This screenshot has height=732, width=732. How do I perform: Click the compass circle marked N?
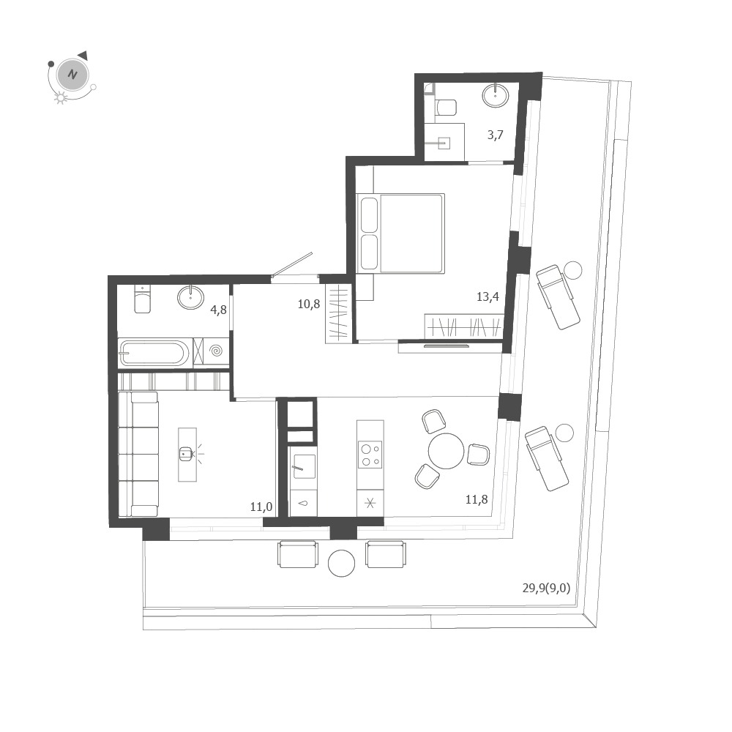click(x=72, y=75)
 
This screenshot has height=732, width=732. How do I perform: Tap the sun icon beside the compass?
click(x=61, y=98)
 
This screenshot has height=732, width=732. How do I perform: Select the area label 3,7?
click(x=496, y=135)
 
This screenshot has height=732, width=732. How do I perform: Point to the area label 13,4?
click(x=488, y=296)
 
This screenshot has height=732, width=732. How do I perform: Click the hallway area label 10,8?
click(x=308, y=304)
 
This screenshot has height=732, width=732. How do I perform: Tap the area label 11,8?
click(x=477, y=500)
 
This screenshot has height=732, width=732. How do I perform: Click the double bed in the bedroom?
click(x=401, y=233)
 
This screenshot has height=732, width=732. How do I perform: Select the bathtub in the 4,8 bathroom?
click(x=154, y=354)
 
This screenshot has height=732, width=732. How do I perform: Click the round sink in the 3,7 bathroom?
click(x=496, y=94)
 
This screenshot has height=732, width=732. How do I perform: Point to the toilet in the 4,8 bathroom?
click(x=143, y=299)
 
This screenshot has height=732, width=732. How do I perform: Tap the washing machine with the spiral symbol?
click(x=216, y=352)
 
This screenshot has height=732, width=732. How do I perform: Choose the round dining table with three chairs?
click(x=446, y=450)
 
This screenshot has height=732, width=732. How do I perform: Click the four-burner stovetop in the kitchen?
click(x=370, y=455)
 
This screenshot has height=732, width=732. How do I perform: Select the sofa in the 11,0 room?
click(x=138, y=454)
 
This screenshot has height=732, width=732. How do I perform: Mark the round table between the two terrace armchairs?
click(x=341, y=562)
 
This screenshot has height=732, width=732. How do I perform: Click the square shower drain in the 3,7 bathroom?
click(x=444, y=143)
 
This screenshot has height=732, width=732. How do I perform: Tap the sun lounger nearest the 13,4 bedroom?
click(x=558, y=296)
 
